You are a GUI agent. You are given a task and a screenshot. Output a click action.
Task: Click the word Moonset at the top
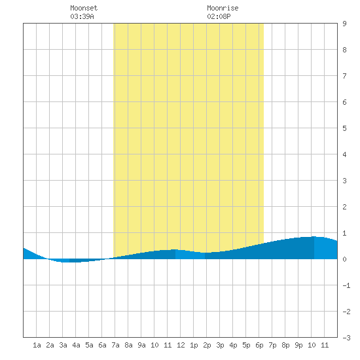point(84,8)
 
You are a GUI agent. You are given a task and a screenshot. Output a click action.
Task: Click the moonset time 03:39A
point(82,16)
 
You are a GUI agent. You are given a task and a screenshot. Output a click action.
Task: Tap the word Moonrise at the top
point(223,8)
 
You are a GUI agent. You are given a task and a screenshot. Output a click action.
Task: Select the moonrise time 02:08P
point(219,16)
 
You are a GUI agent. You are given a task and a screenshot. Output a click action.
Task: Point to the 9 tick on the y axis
point(344,24)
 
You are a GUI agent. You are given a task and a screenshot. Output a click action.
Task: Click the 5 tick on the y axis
point(344,128)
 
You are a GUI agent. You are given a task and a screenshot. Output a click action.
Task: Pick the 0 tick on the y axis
point(344,259)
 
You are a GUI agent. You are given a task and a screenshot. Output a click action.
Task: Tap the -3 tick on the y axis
point(346,338)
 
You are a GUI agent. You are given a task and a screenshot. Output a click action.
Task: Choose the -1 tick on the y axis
point(346,285)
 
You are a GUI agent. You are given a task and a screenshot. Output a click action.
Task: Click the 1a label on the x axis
point(37,345)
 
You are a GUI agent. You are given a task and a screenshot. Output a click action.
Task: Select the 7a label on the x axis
point(115,345)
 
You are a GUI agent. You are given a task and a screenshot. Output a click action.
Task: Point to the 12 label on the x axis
point(181,345)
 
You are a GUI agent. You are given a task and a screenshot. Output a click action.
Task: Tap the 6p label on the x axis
point(259,345)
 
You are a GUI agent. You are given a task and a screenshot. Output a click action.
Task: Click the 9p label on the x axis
point(298,345)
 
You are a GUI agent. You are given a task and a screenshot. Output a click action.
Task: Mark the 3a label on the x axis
point(63,345)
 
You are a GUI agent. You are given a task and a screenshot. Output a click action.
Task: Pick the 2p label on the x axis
point(207,345)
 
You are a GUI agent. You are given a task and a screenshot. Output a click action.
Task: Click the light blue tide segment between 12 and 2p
point(190,255)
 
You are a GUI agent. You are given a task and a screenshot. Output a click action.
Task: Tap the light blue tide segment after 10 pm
point(325,249)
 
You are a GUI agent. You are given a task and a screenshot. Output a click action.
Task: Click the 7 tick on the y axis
point(344,76)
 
